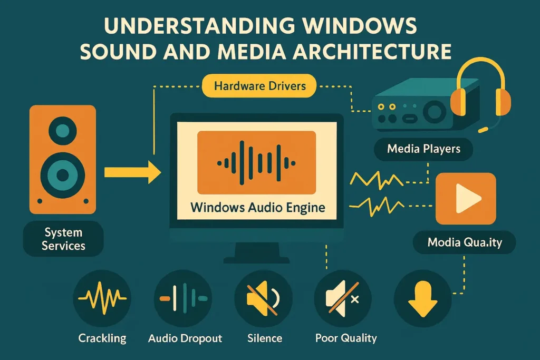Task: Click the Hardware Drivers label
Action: point(259,85)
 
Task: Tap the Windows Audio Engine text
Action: point(257,207)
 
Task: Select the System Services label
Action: point(64,239)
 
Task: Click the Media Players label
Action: point(423,149)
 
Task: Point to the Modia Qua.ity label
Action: point(464,243)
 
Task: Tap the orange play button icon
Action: point(466,199)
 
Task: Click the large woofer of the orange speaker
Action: point(63,174)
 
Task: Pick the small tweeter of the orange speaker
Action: point(63,130)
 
